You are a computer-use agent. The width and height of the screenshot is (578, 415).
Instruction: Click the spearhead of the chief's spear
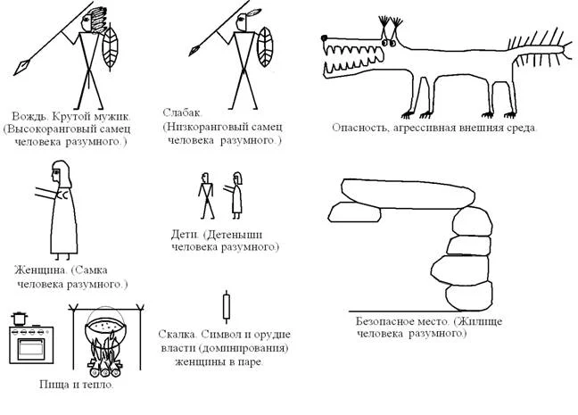21,67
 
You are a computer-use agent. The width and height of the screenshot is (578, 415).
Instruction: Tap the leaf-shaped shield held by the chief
111,47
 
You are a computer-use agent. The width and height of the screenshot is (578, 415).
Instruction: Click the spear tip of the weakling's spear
195,50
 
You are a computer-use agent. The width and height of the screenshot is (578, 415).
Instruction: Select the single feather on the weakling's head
252,12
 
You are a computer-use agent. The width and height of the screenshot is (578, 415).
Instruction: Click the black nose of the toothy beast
325,37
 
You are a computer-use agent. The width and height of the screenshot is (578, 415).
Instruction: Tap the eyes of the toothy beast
389,43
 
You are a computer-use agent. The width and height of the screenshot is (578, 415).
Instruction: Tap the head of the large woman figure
61,173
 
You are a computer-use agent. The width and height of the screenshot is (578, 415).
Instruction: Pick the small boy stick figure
206,195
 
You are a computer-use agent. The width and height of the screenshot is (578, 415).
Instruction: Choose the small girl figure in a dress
236,195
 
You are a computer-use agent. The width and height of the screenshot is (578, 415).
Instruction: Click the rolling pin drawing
227,307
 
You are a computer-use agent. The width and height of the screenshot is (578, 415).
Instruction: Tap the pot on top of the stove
19,319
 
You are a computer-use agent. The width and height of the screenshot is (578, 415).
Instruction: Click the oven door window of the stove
31,347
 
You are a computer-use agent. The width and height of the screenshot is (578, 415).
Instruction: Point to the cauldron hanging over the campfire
103,332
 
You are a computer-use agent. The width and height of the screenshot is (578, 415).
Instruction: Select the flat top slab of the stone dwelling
408,194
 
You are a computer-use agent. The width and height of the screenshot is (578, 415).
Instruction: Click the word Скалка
177,335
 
